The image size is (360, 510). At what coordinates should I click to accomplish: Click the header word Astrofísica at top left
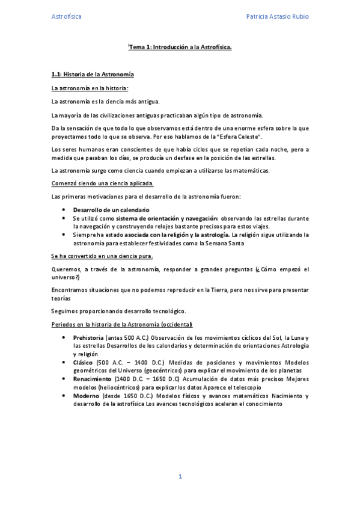(x=66, y=17)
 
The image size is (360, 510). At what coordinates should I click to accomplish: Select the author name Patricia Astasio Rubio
(x=278, y=17)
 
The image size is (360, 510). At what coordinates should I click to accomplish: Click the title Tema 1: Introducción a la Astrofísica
(x=180, y=46)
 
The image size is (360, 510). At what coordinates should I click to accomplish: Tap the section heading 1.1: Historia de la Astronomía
(x=93, y=74)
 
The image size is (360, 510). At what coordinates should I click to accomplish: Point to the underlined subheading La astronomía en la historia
(x=90, y=88)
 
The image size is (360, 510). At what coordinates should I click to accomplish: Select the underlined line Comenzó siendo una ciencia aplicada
(x=102, y=183)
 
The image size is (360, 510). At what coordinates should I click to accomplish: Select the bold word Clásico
(x=83, y=363)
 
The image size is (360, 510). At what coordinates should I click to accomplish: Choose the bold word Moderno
(x=85, y=396)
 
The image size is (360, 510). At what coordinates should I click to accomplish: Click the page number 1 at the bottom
(x=180, y=476)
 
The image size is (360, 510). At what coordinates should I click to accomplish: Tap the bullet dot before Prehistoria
(x=64, y=338)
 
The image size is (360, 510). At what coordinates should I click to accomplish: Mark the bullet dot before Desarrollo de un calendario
(x=64, y=209)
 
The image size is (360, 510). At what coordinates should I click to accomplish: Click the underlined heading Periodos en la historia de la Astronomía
(x=121, y=325)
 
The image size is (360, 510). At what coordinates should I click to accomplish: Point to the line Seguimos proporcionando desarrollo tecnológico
(x=118, y=311)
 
